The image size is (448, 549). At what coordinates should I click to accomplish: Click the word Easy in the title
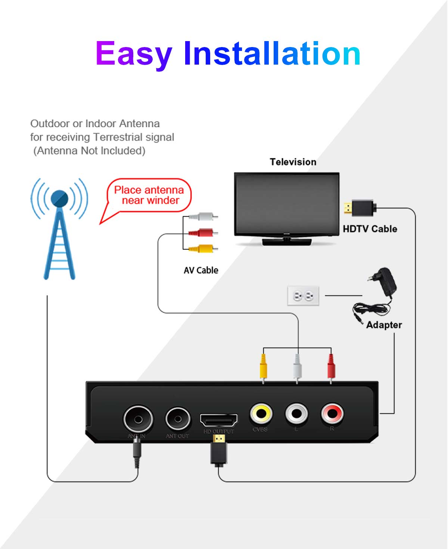click(133, 54)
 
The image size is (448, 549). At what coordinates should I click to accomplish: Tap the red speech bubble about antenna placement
click(149, 195)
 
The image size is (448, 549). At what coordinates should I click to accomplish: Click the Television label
click(293, 162)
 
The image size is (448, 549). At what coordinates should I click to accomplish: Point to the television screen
click(286, 204)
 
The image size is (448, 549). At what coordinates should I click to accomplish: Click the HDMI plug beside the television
click(360, 208)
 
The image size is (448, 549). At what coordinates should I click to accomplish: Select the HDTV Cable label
click(370, 229)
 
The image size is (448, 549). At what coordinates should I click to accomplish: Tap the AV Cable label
click(201, 270)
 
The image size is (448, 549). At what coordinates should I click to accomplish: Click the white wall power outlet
click(303, 296)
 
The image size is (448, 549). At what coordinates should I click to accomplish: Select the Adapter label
click(384, 325)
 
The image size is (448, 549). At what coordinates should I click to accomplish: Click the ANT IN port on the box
click(138, 419)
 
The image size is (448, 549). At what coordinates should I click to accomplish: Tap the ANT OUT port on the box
click(178, 419)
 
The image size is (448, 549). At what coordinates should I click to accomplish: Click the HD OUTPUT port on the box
click(219, 420)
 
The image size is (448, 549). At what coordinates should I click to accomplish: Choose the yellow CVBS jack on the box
click(261, 413)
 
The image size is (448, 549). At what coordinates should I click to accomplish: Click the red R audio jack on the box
click(332, 413)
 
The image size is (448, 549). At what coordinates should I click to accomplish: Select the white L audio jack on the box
click(296, 413)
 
